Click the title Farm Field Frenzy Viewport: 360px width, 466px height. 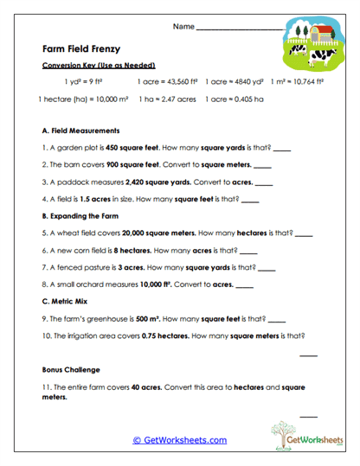(x=81, y=49)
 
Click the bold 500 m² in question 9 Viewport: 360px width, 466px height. (x=151, y=318)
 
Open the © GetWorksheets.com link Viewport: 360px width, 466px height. (x=179, y=439)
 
